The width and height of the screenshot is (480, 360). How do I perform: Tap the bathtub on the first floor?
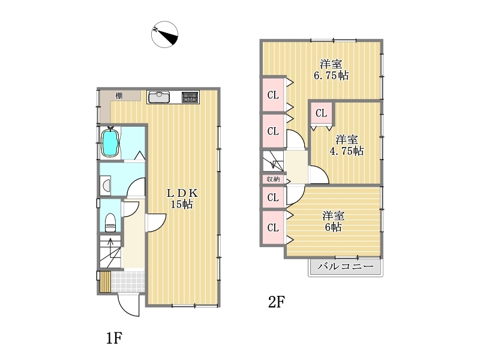point(110,143)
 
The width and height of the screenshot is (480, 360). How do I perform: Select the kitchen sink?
point(159,97)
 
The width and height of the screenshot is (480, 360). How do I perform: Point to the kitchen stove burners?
point(190,97)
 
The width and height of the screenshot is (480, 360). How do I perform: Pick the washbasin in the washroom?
point(106,185)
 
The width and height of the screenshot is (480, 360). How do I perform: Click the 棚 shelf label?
point(119,95)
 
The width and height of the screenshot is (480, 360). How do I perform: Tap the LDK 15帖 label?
point(182,199)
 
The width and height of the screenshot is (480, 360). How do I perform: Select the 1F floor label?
point(114,338)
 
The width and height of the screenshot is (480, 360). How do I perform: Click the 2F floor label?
point(276,302)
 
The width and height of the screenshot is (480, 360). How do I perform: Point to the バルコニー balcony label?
point(346,266)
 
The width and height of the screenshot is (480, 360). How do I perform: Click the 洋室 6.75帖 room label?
point(331,70)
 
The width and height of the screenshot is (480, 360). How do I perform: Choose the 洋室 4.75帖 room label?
point(347,145)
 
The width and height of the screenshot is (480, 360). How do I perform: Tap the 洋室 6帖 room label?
point(333,221)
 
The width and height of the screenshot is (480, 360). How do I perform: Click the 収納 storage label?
point(273,179)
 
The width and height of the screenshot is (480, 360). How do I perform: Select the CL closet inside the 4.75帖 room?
point(322,113)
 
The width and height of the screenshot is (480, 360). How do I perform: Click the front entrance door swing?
point(129,305)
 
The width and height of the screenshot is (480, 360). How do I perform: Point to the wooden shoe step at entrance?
point(105,281)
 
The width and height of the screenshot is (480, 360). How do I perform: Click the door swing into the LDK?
point(157,223)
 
